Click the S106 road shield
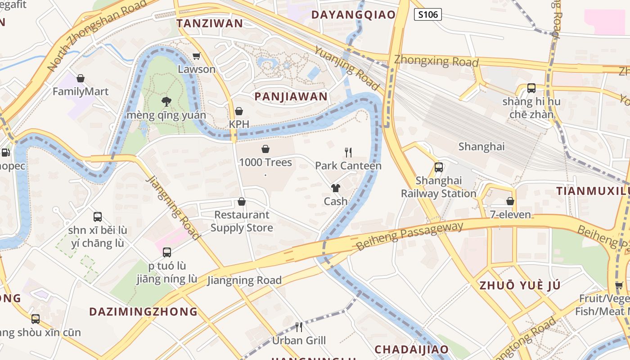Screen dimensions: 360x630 [x=427, y=14]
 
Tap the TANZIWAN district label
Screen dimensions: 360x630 [x=210, y=23]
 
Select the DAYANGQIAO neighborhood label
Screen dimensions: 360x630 [x=353, y=14]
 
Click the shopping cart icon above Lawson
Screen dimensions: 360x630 [x=196, y=56]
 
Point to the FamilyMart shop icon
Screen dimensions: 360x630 [x=81, y=79]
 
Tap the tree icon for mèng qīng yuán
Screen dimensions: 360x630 [x=166, y=101]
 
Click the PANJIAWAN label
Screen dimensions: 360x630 [x=291, y=97]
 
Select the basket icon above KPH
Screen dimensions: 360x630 [x=239, y=111]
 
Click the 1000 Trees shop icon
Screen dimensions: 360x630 [x=265, y=149]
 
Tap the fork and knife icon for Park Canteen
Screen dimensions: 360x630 [x=348, y=153]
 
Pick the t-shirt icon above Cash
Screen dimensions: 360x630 [x=336, y=188]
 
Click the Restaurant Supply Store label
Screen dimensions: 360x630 [x=242, y=221]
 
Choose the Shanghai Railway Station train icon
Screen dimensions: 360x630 [x=439, y=167]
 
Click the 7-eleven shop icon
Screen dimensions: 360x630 [x=510, y=201]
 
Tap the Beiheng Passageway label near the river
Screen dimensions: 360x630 [x=409, y=236]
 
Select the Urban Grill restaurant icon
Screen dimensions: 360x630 [x=298, y=327]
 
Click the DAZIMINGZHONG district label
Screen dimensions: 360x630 [x=143, y=311]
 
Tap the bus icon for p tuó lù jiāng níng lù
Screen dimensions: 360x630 [x=167, y=252]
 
